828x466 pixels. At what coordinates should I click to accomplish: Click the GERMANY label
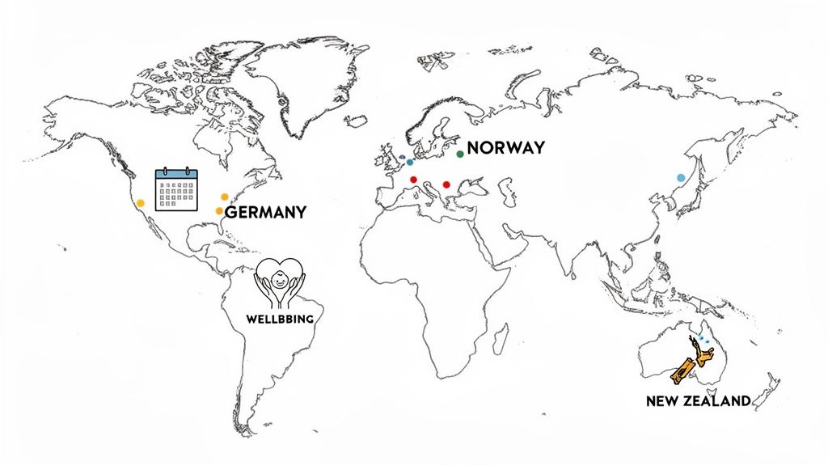265,213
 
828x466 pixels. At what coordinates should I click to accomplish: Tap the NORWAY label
505,148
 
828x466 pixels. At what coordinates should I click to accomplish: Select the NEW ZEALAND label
699,400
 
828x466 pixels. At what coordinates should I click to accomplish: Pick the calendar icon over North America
176,190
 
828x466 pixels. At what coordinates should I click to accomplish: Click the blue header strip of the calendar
176,173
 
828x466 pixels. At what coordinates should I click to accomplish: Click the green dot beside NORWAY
460,154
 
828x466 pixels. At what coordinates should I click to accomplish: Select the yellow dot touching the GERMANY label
219,211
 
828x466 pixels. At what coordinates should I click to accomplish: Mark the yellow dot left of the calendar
141,203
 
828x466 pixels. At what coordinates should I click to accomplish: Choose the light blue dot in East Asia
681,177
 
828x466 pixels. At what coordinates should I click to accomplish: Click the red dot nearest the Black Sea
447,184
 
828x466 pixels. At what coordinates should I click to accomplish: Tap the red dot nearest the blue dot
414,180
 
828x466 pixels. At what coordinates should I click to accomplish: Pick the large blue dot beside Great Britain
410,163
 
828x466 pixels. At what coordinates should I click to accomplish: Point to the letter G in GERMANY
230,213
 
